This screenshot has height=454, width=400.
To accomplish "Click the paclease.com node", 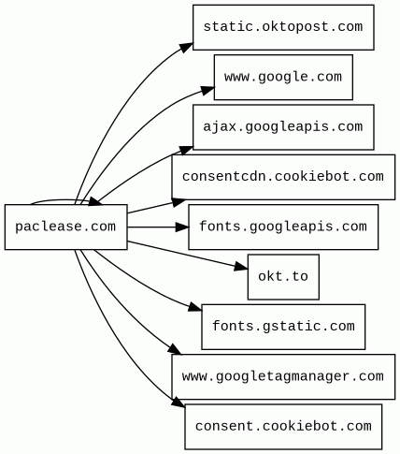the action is (65, 227).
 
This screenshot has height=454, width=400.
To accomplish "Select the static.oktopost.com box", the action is (283, 27).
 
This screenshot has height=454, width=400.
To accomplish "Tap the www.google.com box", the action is (283, 78).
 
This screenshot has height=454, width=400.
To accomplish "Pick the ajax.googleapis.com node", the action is (283, 127).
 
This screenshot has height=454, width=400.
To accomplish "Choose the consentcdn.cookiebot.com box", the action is (283, 177).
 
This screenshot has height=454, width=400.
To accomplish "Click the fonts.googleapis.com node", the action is (283, 227).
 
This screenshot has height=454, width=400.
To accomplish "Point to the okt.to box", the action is (283, 277).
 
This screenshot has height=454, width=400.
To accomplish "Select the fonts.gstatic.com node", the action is (283, 327).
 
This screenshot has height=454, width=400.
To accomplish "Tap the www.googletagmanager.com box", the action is (283, 376).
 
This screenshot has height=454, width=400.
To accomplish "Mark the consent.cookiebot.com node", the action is (283, 427).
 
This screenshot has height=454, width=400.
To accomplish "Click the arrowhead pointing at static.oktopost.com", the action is (186, 47).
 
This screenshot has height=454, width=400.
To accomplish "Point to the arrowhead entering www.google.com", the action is (207, 91).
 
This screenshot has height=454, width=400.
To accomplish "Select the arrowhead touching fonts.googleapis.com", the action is (182, 227).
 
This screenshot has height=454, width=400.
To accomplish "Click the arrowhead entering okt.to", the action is (241, 267).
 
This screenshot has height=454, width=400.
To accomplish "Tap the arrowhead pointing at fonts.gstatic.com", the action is (195, 307).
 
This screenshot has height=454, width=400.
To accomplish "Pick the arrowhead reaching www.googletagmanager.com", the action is (175, 349).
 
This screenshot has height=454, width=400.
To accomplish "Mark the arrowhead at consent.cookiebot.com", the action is (179, 402).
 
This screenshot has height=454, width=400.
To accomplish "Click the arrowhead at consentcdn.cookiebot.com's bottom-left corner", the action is (179, 202).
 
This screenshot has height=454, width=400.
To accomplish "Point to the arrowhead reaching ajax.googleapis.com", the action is (186, 151).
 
